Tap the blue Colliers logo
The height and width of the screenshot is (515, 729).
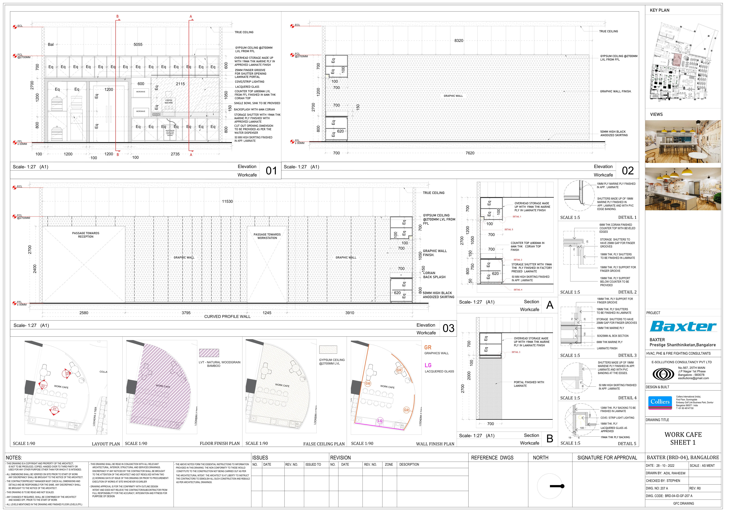click(x=660, y=402)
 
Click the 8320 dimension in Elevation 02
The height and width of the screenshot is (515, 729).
click(x=458, y=41)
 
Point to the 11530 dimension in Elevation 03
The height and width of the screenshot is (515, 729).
click(x=227, y=201)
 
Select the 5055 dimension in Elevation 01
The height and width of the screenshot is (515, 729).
click(x=138, y=44)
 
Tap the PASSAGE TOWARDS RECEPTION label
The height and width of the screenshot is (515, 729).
click(x=86, y=235)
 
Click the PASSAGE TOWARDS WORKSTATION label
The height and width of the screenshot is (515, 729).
click(x=267, y=236)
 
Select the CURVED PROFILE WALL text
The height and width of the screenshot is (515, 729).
click(x=227, y=317)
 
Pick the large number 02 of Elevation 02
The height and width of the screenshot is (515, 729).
click(x=628, y=171)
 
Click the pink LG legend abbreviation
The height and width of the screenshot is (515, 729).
click(x=428, y=365)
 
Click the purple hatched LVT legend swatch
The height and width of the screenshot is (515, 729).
click(x=209, y=353)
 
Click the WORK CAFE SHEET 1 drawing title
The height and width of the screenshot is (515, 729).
click(x=683, y=438)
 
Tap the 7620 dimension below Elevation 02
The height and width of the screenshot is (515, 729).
click(x=470, y=153)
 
